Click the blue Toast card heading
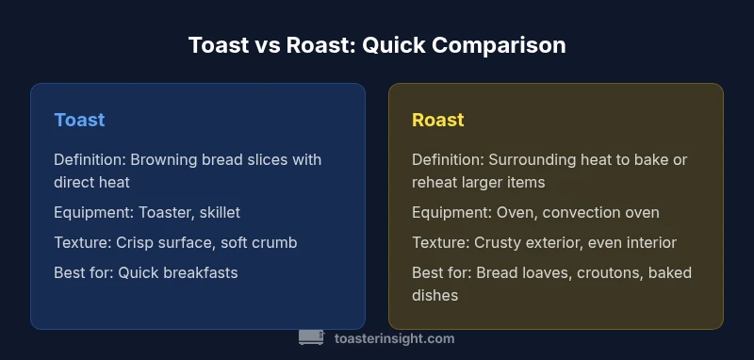(x=79, y=120)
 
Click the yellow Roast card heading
(x=438, y=120)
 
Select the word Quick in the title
(x=411, y=45)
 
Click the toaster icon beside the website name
(x=311, y=337)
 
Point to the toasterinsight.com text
(x=395, y=338)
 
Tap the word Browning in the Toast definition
(x=163, y=159)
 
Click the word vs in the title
(x=250, y=45)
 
